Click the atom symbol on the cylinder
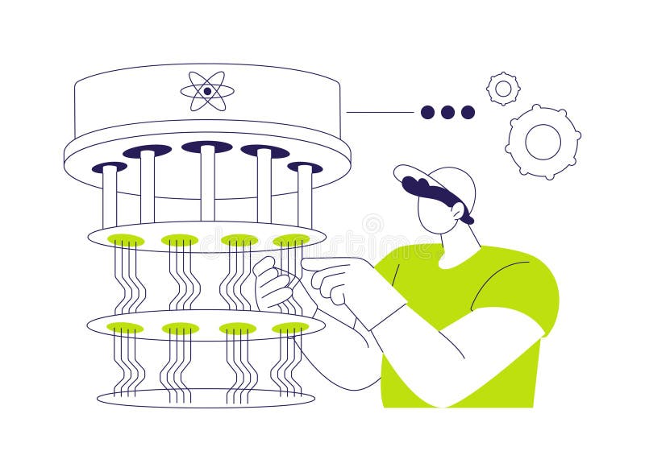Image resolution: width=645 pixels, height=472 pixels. click(x=207, y=91)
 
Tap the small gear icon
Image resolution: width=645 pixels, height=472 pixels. click(x=503, y=89)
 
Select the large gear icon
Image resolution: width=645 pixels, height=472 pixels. click(x=543, y=142)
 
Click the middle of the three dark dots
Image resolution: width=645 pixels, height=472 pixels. click(x=447, y=112)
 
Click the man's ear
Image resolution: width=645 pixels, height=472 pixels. click(x=457, y=210)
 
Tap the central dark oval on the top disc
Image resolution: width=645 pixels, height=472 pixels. click(x=206, y=147)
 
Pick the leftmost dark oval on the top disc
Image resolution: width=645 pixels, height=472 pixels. click(x=110, y=167)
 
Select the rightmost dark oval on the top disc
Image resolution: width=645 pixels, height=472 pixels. click(x=305, y=168)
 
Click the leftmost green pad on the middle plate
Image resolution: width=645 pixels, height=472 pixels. click(x=126, y=240)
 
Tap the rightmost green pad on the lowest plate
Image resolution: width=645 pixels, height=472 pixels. click(x=290, y=328)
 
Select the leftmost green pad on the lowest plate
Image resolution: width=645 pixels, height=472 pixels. click(x=125, y=328)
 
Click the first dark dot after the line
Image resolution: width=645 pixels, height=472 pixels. click(x=427, y=112)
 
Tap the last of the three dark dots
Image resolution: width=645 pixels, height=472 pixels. click(x=468, y=112)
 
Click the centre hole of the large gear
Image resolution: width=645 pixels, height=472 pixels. click(x=543, y=142)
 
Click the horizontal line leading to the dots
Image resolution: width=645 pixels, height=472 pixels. click(x=379, y=112)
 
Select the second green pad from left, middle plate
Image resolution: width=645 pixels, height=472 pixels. click(x=179, y=240)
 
